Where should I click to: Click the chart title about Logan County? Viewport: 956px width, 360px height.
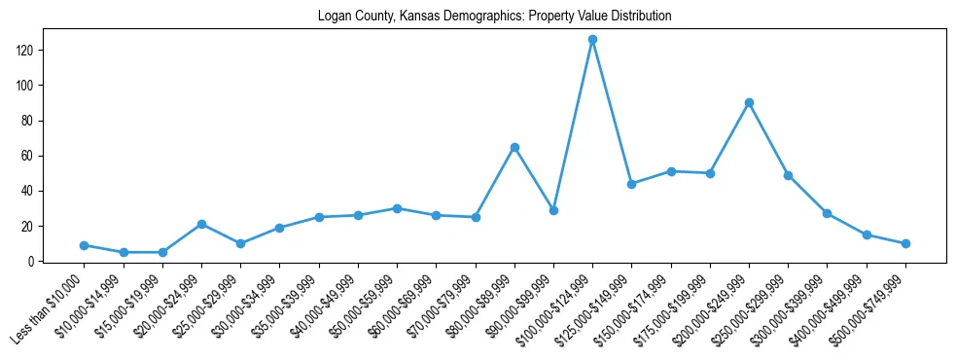coord(494,17)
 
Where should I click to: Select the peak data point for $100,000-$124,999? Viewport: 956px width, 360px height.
coord(592,40)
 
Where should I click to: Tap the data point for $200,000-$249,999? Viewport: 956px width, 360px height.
coord(749,102)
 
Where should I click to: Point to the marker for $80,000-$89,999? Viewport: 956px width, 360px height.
coord(514,147)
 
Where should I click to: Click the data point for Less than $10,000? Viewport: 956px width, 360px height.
coord(85,245)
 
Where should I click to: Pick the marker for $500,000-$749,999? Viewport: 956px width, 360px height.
coord(905,243)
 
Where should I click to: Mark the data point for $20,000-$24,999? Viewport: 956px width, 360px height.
coord(201,224)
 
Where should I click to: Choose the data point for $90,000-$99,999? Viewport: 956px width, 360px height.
coord(553,210)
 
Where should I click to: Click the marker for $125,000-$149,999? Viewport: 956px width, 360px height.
coord(631,184)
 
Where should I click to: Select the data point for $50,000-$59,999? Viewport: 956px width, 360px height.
coord(397,208)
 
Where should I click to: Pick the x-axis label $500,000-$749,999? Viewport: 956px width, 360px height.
coord(867,312)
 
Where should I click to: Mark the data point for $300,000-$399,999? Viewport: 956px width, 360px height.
coord(827,213)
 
